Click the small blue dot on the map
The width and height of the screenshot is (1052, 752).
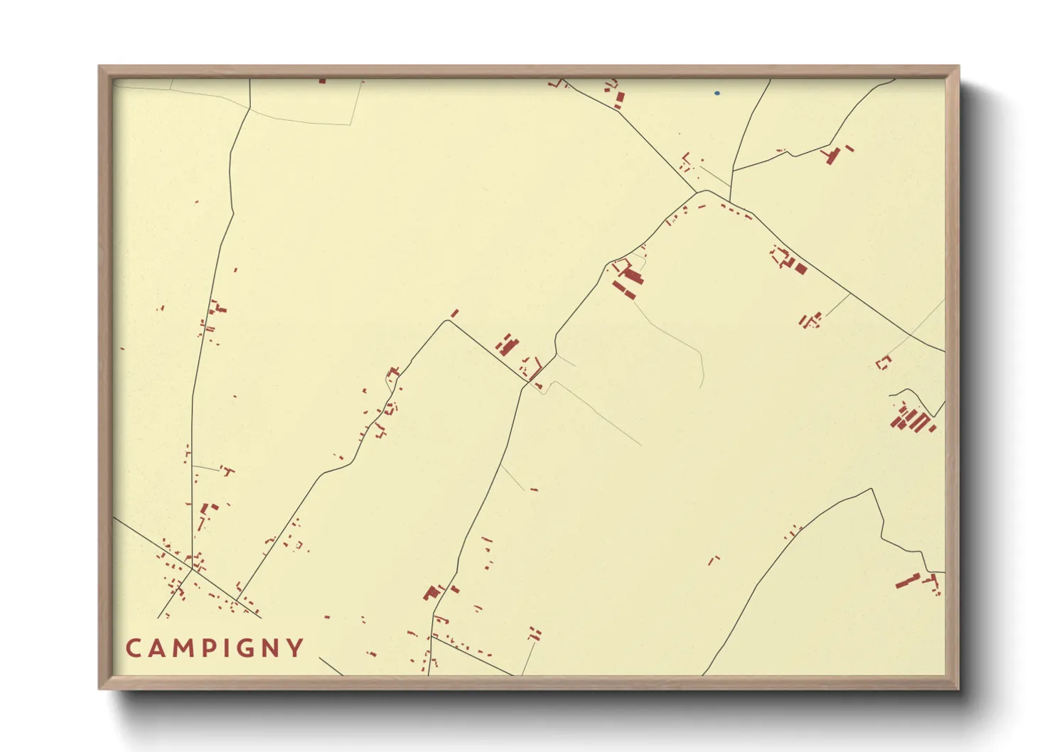(717, 93)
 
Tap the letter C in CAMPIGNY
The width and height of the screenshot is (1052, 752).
(134, 648)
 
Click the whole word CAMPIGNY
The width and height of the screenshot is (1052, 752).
(215, 648)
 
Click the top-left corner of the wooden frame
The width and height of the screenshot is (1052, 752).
(100, 67)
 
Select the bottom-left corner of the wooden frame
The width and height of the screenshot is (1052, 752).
(100, 688)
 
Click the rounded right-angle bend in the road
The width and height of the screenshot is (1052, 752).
(447, 321)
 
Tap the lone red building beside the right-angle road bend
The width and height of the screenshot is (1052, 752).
(455, 313)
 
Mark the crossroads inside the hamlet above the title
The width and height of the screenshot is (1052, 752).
(192, 569)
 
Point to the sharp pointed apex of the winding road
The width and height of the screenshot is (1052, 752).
(871, 489)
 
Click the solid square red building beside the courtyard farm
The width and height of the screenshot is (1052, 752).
(801, 269)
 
